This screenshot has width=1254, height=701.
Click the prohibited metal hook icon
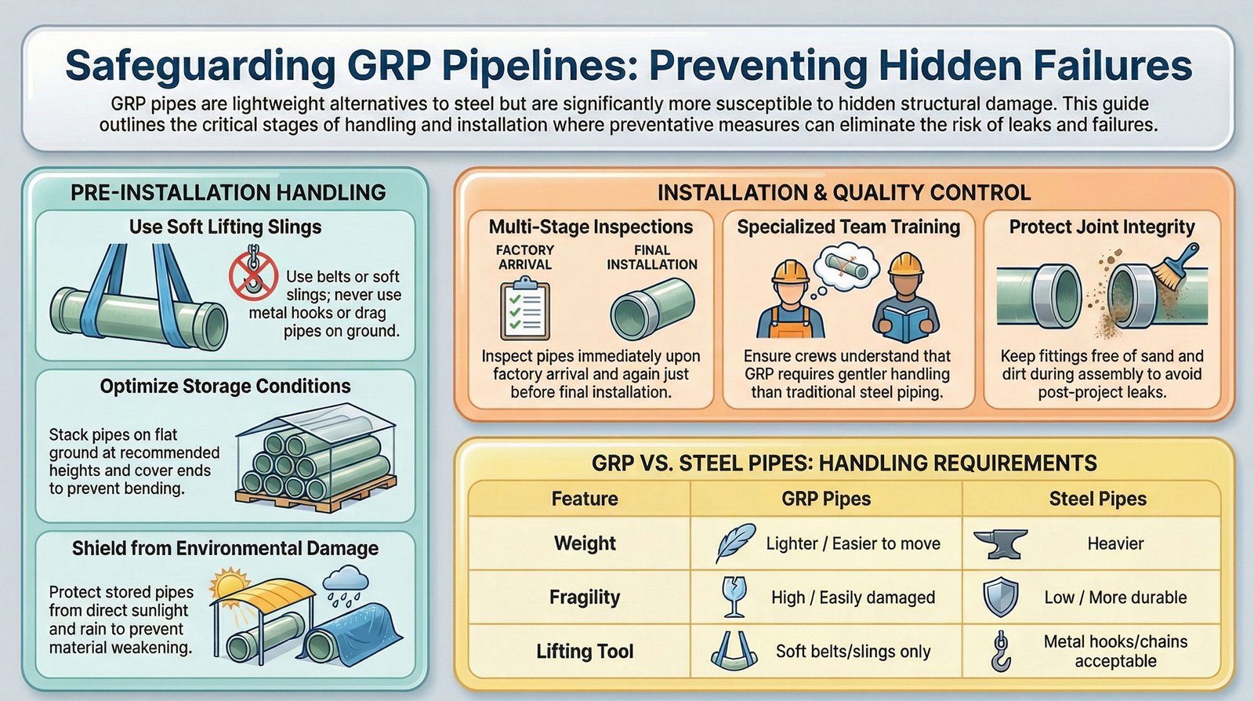[253, 275]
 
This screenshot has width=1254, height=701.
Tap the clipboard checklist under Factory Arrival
[524, 308]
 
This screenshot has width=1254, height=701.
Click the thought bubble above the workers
[844, 268]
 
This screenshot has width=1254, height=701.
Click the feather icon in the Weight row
[735, 543]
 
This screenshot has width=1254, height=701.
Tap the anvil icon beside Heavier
[1000, 543]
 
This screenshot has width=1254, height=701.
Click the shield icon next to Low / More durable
[1000, 597]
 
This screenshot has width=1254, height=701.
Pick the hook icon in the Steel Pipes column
[1001, 651]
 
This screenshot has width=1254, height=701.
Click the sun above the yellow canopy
[230, 585]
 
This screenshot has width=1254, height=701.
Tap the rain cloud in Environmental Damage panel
[346, 585]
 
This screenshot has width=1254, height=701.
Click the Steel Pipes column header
[1098, 499]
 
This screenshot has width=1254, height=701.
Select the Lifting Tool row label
[585, 651]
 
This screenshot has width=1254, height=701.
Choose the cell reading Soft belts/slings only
[854, 651]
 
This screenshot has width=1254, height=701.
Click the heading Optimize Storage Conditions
[226, 386]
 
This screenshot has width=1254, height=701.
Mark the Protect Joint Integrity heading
[1102, 227]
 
